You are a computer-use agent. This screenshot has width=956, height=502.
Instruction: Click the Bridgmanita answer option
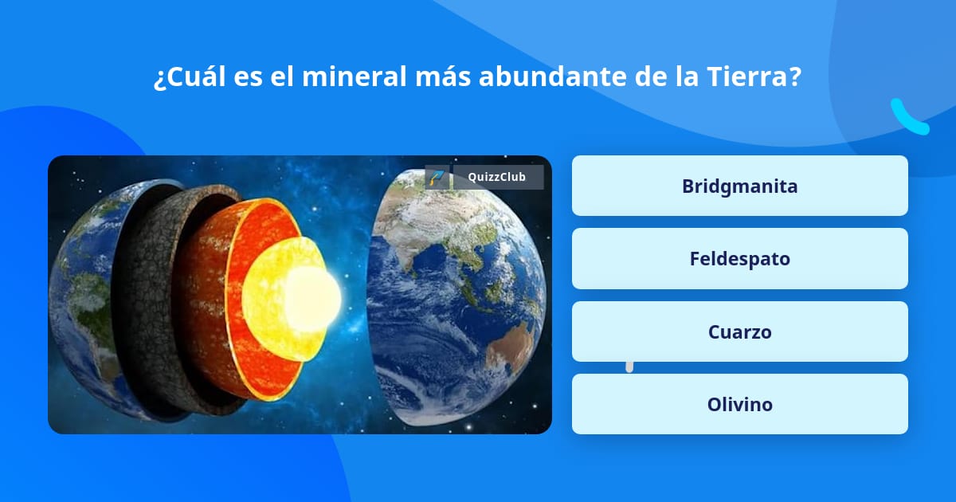click(739, 186)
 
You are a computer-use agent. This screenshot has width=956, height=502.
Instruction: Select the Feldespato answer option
click(739, 258)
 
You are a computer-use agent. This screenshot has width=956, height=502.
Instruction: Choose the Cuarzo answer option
click(739, 331)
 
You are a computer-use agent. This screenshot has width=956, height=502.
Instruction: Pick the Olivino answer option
click(739, 404)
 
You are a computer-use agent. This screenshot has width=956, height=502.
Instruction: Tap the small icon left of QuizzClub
click(436, 177)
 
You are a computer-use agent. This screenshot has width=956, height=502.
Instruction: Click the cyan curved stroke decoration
click(909, 117)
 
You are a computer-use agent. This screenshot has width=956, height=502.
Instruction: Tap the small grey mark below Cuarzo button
click(629, 367)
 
